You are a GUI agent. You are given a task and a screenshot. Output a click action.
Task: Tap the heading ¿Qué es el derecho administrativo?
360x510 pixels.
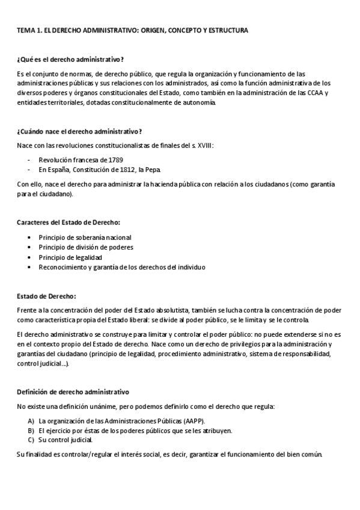tap(70, 59)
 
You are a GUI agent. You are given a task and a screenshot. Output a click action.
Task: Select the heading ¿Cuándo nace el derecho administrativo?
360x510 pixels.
tap(79, 131)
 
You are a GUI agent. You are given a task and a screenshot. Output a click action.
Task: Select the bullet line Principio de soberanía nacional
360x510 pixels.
tap(85, 238)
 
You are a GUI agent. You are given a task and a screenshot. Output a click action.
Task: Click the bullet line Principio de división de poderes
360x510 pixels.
tap(86, 247)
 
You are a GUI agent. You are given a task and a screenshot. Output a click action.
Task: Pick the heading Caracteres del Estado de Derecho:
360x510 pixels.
tap(69, 223)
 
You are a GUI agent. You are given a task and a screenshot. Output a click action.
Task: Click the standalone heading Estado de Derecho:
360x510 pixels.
tap(46, 296)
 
